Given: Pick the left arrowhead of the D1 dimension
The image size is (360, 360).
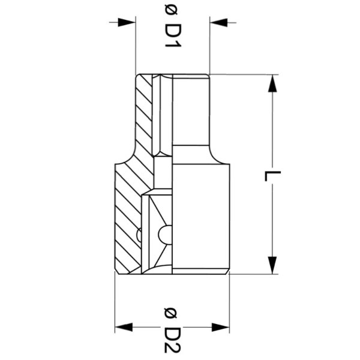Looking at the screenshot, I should coord(127,22).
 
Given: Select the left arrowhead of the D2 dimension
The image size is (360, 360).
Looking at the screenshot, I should coord(124,328).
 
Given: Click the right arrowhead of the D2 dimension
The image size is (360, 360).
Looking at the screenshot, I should coord(220,328).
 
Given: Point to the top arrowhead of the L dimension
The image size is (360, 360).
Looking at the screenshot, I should coord(273,84).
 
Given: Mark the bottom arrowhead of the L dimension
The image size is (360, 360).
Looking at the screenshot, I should coord(273,264).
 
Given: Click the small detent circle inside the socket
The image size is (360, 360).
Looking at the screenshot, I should coord(165,235).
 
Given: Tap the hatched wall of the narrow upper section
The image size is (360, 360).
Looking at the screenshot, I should coord(144,114).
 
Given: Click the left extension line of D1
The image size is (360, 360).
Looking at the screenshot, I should coord(136,48).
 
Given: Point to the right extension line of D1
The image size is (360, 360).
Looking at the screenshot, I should coord(209,48).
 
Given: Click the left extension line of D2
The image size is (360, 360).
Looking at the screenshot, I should coord(115,300).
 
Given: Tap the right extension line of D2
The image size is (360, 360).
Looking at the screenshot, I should coord(229,300).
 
